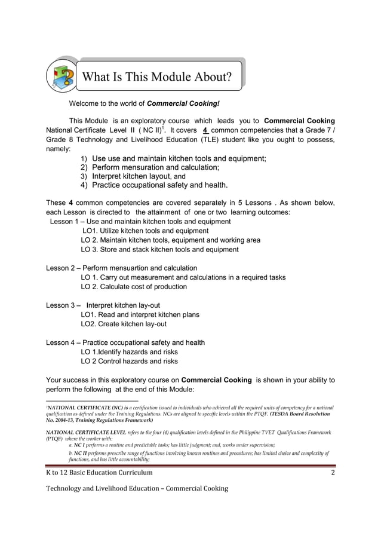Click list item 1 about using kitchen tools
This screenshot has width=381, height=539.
click(173, 158)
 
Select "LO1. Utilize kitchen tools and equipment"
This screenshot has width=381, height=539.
click(145, 231)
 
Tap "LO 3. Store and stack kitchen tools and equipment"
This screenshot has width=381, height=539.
click(159, 249)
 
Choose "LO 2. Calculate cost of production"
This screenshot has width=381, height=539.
click(134, 287)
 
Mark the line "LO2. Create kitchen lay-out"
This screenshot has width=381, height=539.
click(124, 324)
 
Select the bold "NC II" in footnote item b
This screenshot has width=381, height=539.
click(82, 454)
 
